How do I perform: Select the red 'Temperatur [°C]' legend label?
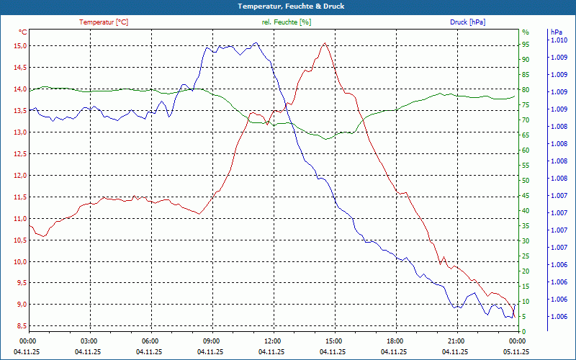(104, 22)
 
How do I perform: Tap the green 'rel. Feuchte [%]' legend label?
(287, 22)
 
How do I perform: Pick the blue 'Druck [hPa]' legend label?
(467, 22)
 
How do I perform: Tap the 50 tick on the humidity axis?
(526, 180)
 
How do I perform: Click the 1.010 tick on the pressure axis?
(559, 41)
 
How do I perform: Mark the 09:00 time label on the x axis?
(211, 341)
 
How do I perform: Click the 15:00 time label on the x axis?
(333, 341)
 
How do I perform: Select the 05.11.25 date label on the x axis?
(516, 352)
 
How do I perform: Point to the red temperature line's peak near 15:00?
(325, 43)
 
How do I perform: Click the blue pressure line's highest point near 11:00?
(255, 42)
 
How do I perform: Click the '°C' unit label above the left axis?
(23, 32)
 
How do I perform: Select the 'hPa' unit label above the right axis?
(557, 32)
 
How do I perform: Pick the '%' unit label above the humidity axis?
(526, 32)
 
